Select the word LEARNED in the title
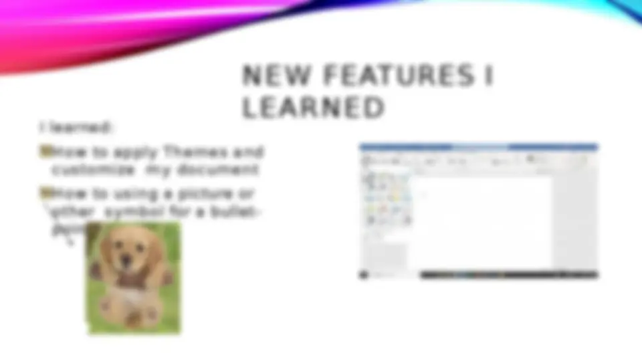click(313, 108)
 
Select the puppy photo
click(134, 277)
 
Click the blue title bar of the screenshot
click(478, 146)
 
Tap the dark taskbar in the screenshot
click(478, 274)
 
